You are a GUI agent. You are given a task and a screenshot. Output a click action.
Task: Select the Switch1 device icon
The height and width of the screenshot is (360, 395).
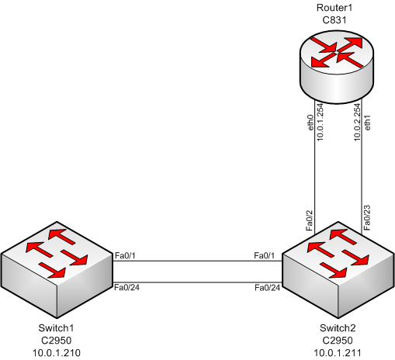tap(57, 268)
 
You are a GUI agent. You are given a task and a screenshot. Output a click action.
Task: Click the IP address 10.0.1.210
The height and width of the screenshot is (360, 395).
tap(57, 351)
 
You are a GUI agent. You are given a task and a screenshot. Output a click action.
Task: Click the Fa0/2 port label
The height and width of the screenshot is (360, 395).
tap(310, 220)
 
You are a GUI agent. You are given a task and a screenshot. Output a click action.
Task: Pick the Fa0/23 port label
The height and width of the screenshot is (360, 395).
tap(369, 218)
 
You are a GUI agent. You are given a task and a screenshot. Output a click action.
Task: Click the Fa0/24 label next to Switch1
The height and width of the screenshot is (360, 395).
tap(127, 288)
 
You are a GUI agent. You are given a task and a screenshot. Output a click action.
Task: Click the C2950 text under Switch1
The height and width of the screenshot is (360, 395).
tap(57, 340)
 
